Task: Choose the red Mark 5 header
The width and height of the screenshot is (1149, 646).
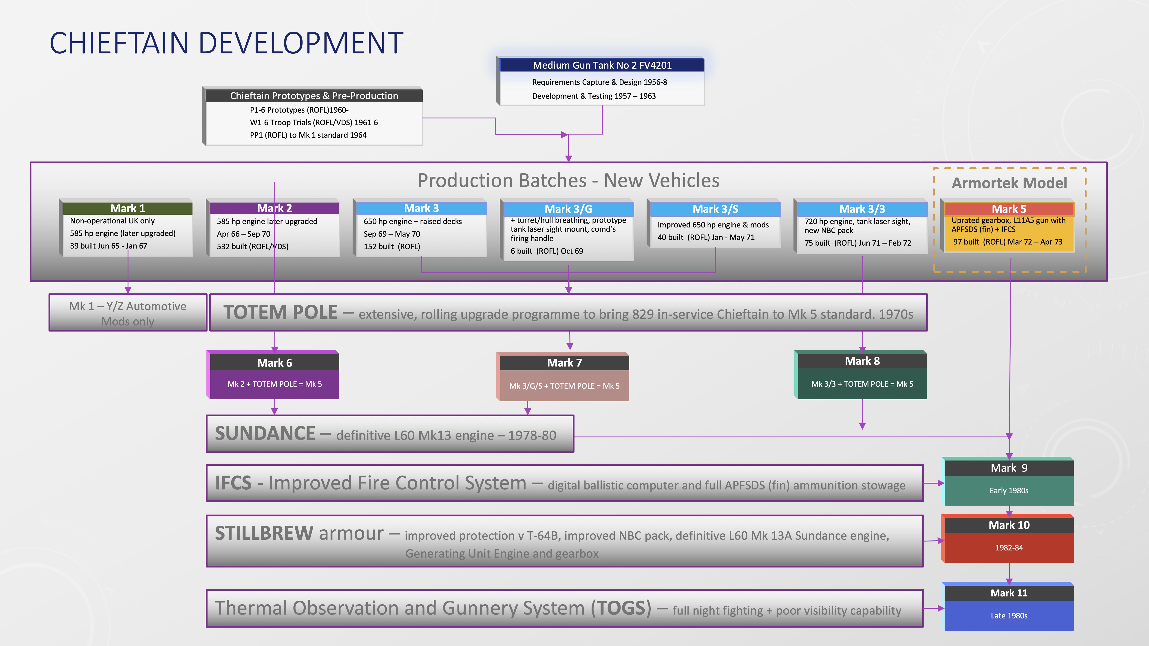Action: (1009, 209)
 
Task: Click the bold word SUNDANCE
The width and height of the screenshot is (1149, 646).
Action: (265, 434)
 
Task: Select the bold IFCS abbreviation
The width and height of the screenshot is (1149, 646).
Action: (233, 483)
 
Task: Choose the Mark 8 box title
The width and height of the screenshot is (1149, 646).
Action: (862, 361)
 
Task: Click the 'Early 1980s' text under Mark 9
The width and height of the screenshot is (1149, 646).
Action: (1009, 490)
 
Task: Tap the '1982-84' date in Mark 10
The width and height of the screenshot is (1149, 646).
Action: (1009, 548)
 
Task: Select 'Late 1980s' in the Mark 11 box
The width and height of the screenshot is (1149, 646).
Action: (1009, 616)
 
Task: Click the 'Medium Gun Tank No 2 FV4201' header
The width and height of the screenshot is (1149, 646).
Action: (602, 65)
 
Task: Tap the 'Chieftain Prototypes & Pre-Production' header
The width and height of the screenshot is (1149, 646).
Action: (314, 96)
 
